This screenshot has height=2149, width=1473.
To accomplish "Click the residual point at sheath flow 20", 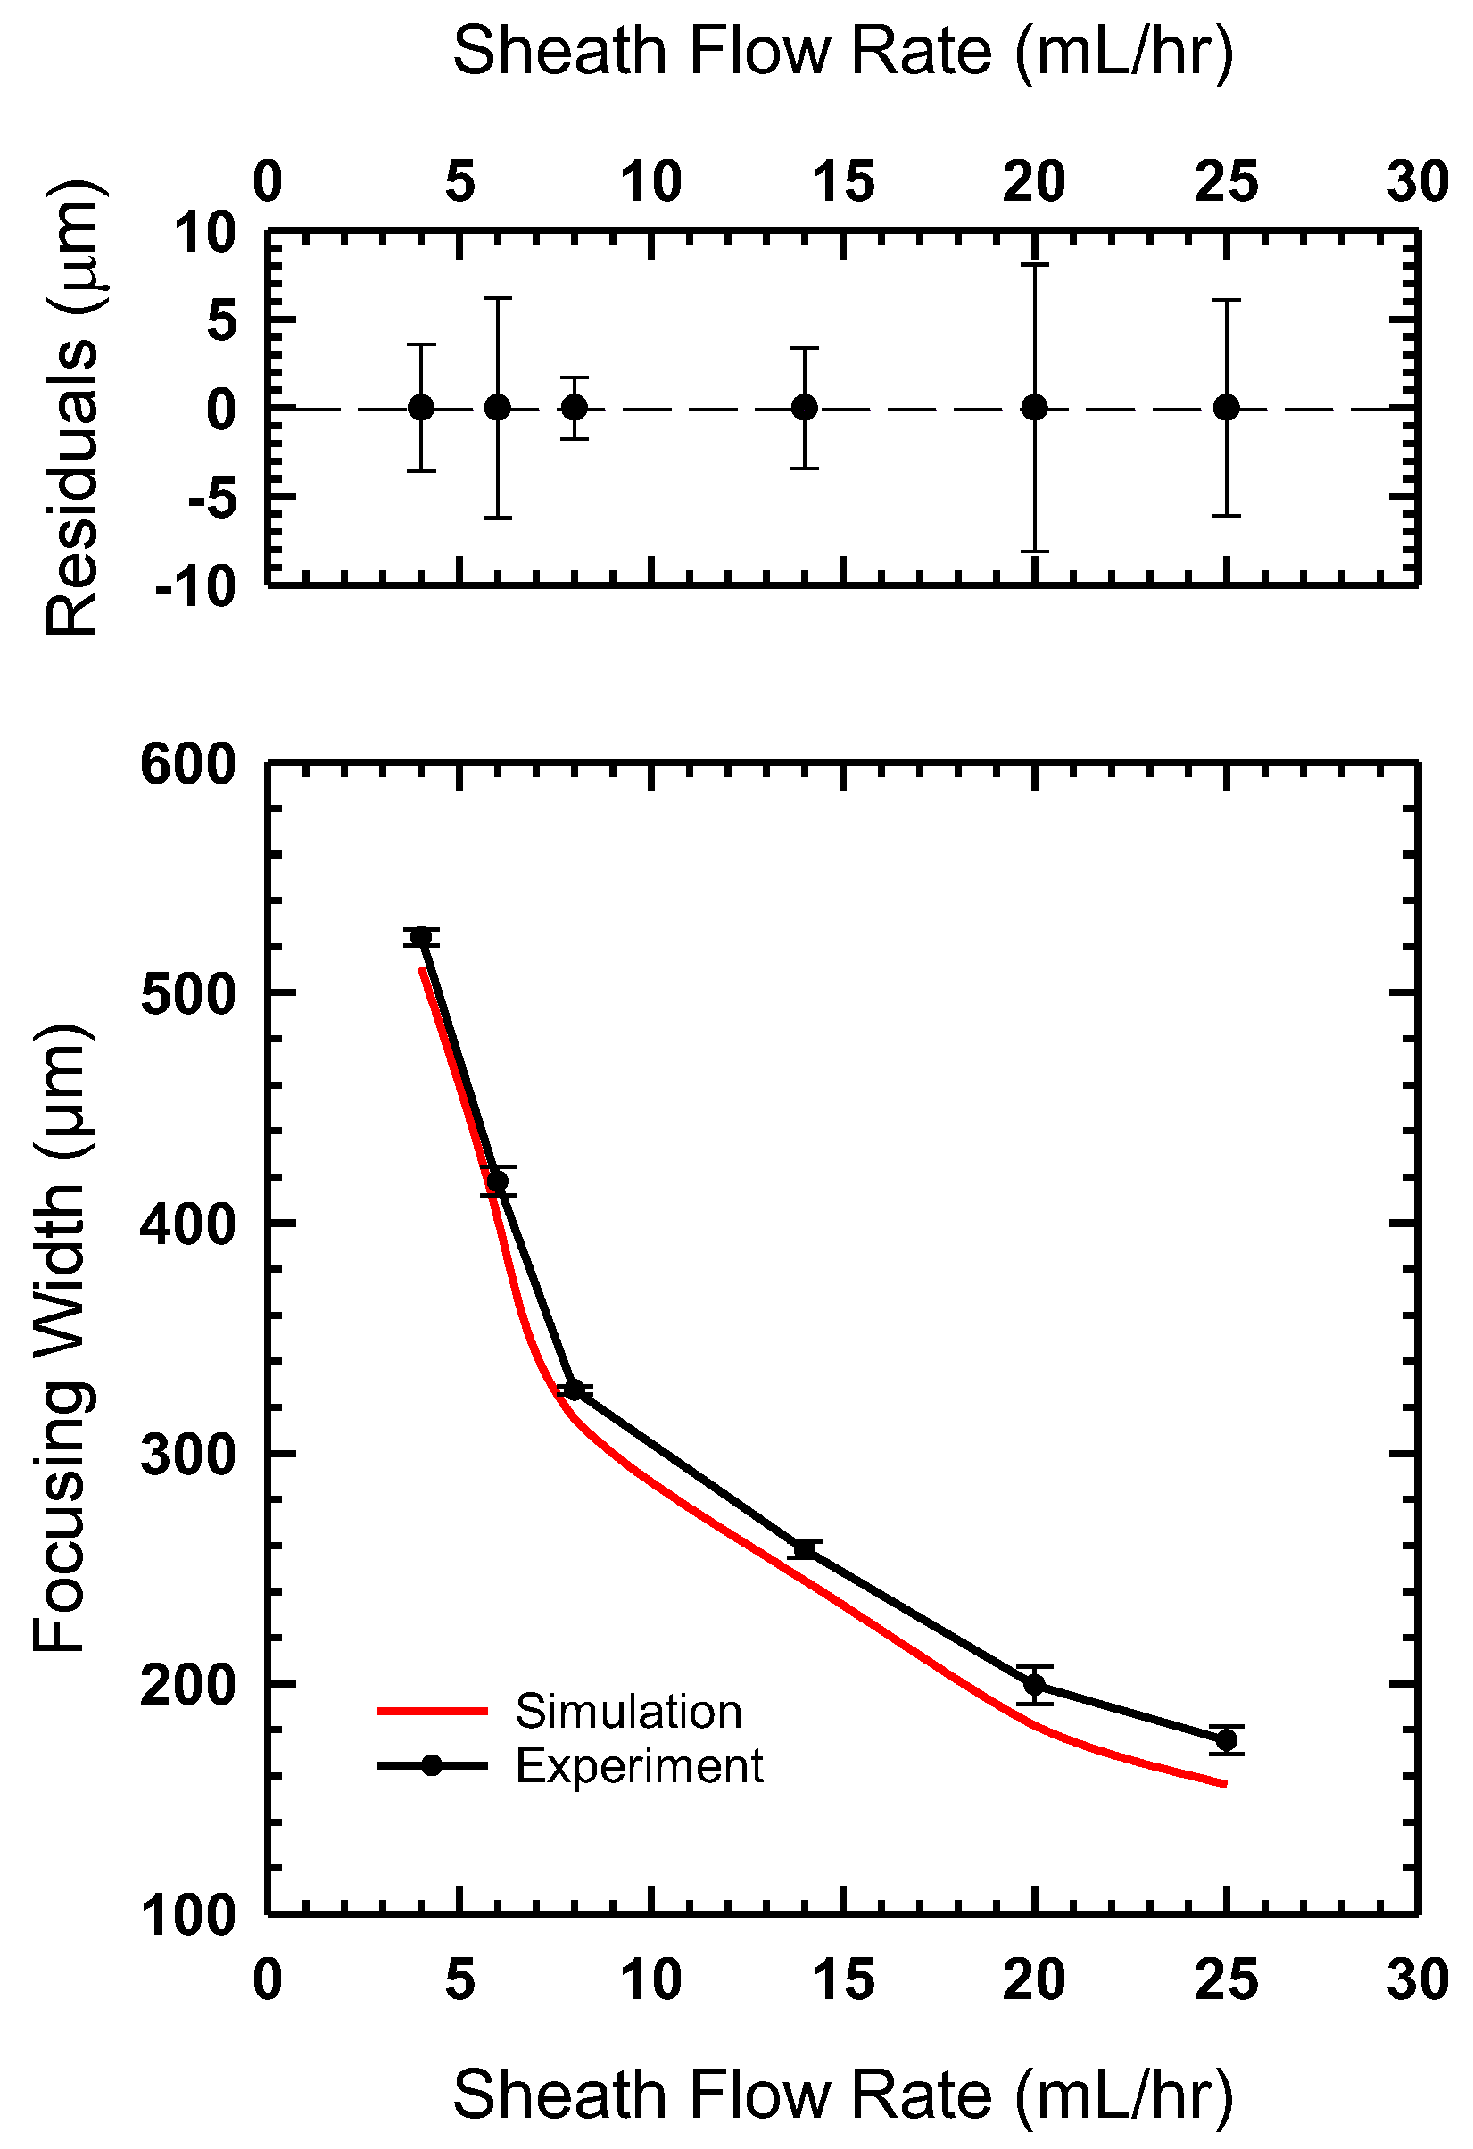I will [1035, 408].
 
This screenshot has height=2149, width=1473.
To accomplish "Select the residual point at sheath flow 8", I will [575, 408].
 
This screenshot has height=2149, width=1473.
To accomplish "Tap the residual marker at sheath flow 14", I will [805, 408].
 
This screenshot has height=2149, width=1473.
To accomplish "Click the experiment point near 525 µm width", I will [422, 938].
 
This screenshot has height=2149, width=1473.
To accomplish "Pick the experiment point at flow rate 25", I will [1226, 1740].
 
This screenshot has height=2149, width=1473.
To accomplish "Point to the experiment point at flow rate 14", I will [805, 1550].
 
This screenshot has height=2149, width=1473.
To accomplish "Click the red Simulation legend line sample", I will [431, 1712].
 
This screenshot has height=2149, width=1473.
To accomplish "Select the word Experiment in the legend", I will [639, 1765].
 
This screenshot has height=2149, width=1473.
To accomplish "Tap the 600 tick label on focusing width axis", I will [188, 766].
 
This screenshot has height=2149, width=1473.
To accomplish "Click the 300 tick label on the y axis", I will [188, 1456].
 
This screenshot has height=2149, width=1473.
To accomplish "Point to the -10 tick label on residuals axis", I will [196, 588].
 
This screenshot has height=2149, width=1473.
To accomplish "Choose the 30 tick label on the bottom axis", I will [1417, 1980].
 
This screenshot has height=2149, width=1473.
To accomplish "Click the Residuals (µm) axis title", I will [71, 408].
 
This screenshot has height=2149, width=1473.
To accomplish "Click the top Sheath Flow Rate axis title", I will [842, 52].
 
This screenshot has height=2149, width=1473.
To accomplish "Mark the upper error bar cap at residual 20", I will [1035, 265].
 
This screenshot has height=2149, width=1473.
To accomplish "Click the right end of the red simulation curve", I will [1224, 1784].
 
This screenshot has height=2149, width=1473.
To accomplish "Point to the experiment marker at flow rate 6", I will [498, 1181].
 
